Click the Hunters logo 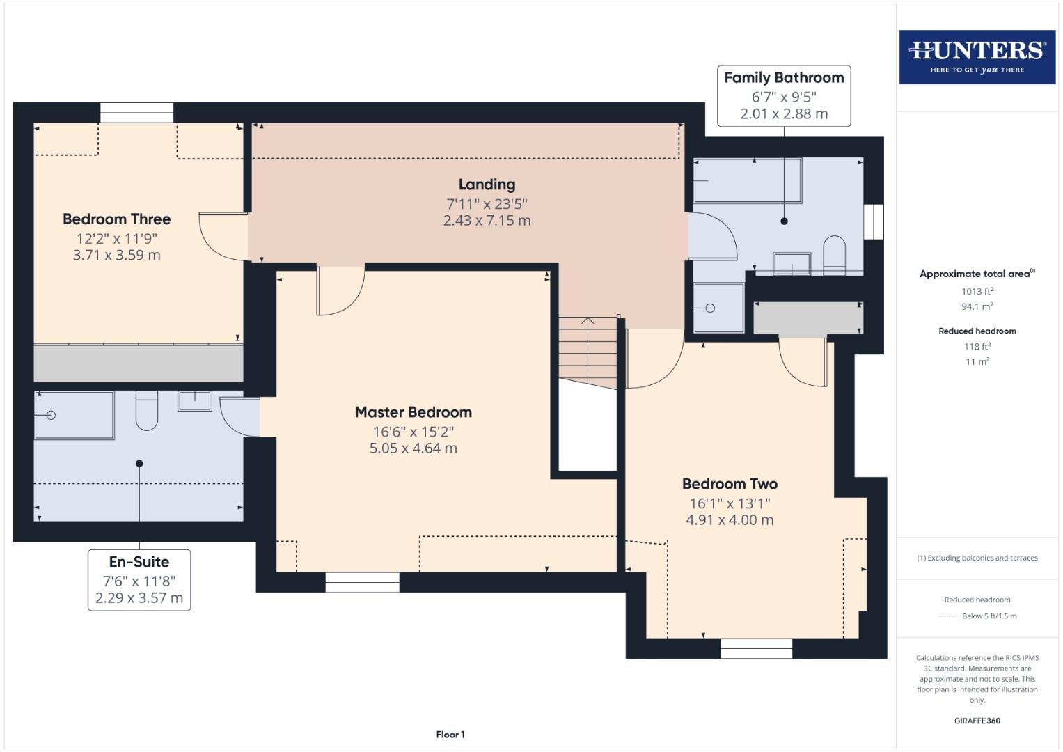[977, 56]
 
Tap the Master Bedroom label [413, 412]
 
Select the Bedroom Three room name [116, 219]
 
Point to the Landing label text [487, 185]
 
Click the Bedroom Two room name [730, 484]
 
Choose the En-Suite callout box [139, 579]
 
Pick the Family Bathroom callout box [784, 96]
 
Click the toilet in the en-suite [147, 412]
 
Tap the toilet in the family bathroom [834, 254]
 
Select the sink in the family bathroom [792, 264]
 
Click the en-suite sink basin [195, 401]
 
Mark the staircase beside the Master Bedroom [588, 348]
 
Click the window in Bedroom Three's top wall [136, 113]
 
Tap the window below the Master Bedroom [362, 582]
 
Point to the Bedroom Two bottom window [756, 648]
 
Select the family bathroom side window [873, 222]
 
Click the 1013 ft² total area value [977, 292]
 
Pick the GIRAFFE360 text [977, 721]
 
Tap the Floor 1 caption [450, 735]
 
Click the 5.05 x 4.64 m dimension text [413, 448]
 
